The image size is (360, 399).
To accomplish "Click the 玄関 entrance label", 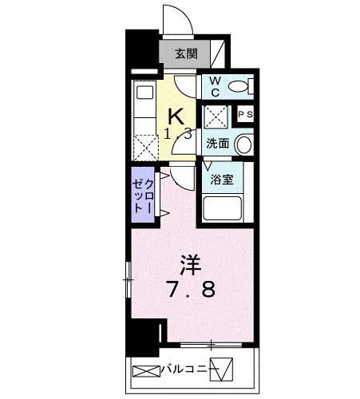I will [187, 55].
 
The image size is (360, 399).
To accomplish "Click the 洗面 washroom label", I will [217, 144].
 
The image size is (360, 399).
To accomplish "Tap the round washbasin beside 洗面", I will [244, 144].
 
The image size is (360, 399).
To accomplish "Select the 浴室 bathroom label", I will [222, 180].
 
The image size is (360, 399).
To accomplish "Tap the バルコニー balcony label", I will [185, 369].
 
